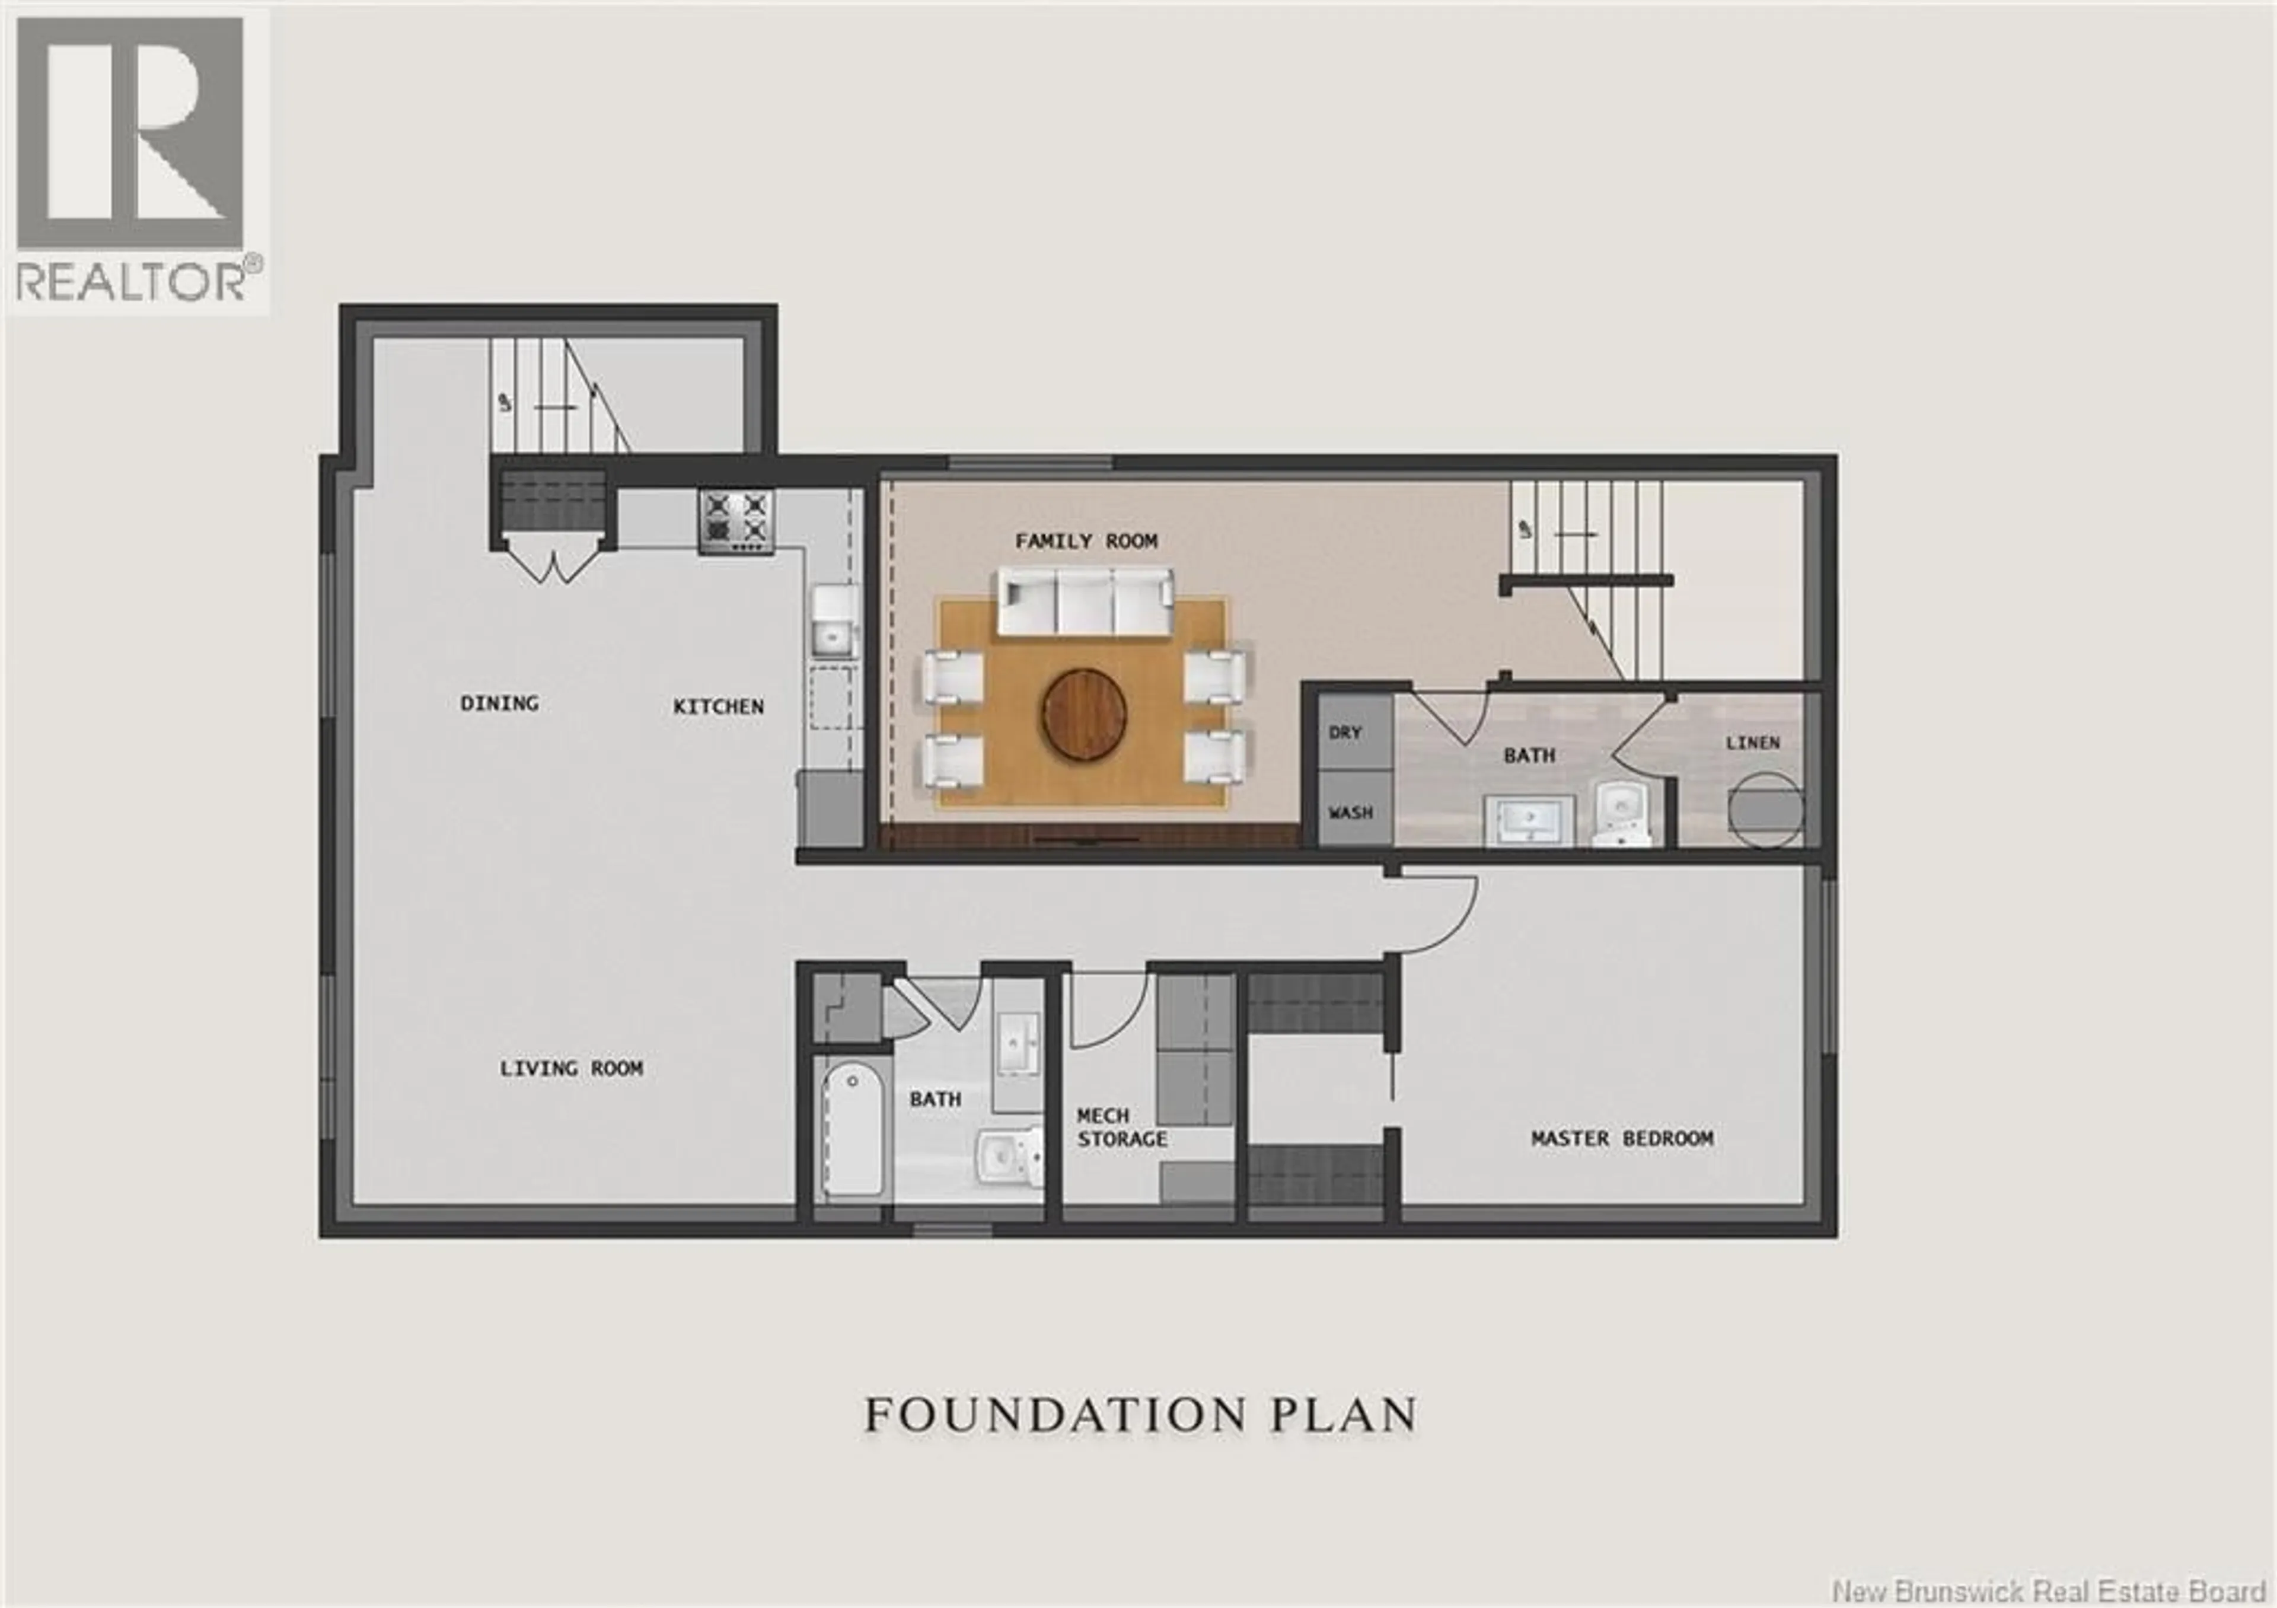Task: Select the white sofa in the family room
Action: tap(1085, 601)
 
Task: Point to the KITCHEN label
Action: tap(718, 707)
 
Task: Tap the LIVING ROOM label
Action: tap(570, 1068)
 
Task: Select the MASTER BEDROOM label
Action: tap(1621, 1138)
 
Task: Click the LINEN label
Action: tap(1752, 742)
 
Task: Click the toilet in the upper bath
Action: tap(1621, 813)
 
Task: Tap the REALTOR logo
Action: tap(137, 159)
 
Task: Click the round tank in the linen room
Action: tap(1765, 810)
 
